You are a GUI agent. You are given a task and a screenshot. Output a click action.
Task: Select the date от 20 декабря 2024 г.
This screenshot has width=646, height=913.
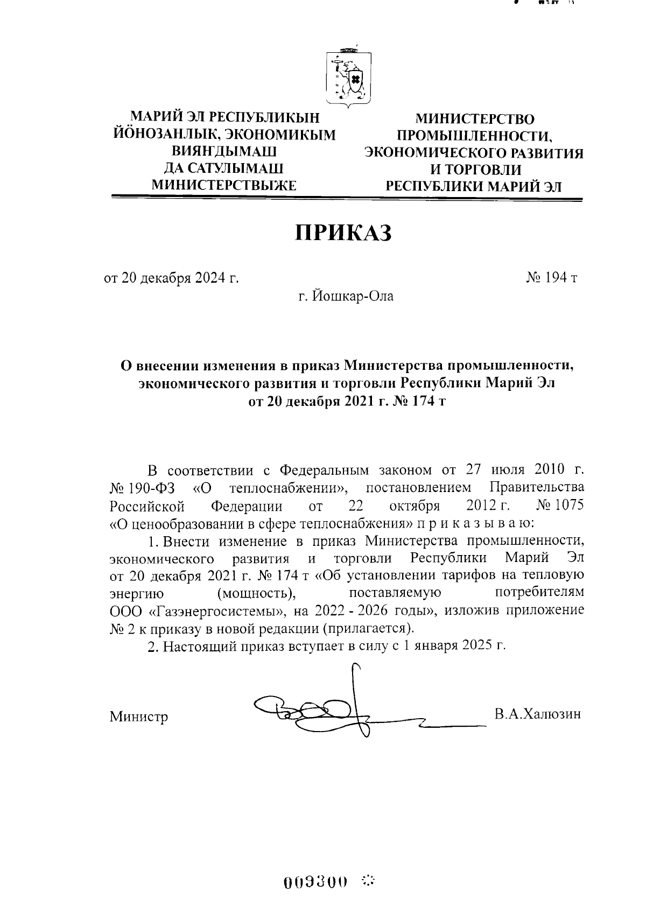tap(171, 278)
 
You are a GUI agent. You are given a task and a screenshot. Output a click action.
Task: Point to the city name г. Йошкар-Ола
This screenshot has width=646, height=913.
tap(347, 296)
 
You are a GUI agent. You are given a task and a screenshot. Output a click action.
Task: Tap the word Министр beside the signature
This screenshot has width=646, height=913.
tap(139, 717)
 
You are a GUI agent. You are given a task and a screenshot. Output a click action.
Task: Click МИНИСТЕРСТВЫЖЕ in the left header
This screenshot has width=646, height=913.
tap(224, 185)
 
